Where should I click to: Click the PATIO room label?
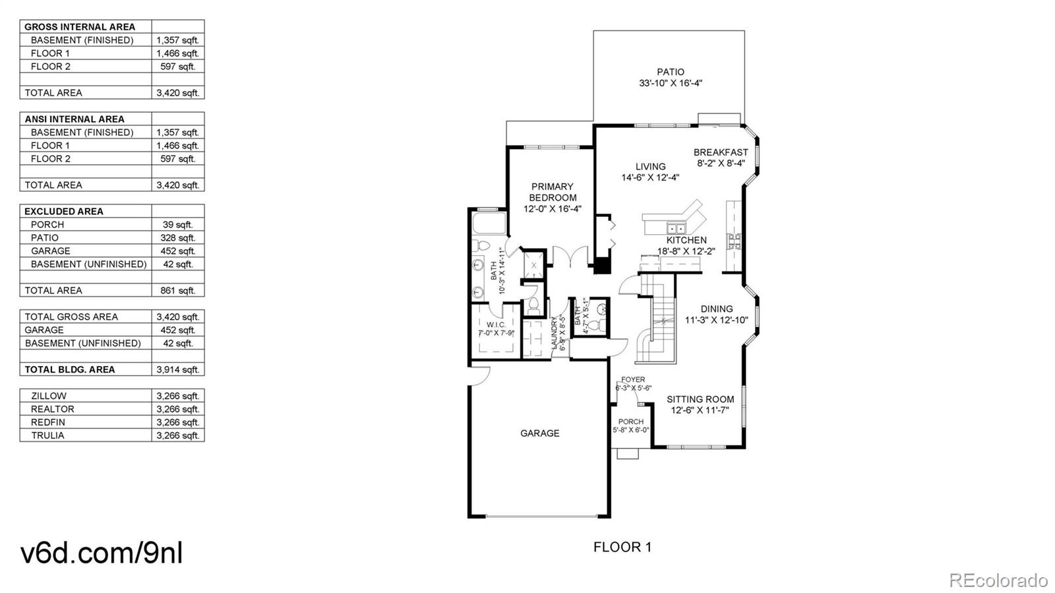670,72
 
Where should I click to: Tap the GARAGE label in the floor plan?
539,433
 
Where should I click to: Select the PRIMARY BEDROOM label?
553,192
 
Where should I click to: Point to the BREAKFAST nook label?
721,152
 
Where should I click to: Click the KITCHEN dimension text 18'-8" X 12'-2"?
686,251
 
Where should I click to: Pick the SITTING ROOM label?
700,399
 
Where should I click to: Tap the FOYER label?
633,380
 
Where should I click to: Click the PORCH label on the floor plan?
630,422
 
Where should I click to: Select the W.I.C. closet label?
496,325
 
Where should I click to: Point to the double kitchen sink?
675,229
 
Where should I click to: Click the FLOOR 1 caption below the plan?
622,547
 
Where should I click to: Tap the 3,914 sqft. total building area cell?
177,369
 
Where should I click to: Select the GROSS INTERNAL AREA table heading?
80,27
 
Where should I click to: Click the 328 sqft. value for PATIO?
177,237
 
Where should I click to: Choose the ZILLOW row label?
49,396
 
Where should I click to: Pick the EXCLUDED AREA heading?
64,211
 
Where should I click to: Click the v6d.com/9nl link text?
102,552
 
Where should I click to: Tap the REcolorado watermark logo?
998,580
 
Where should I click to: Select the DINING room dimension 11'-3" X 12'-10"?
716,320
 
